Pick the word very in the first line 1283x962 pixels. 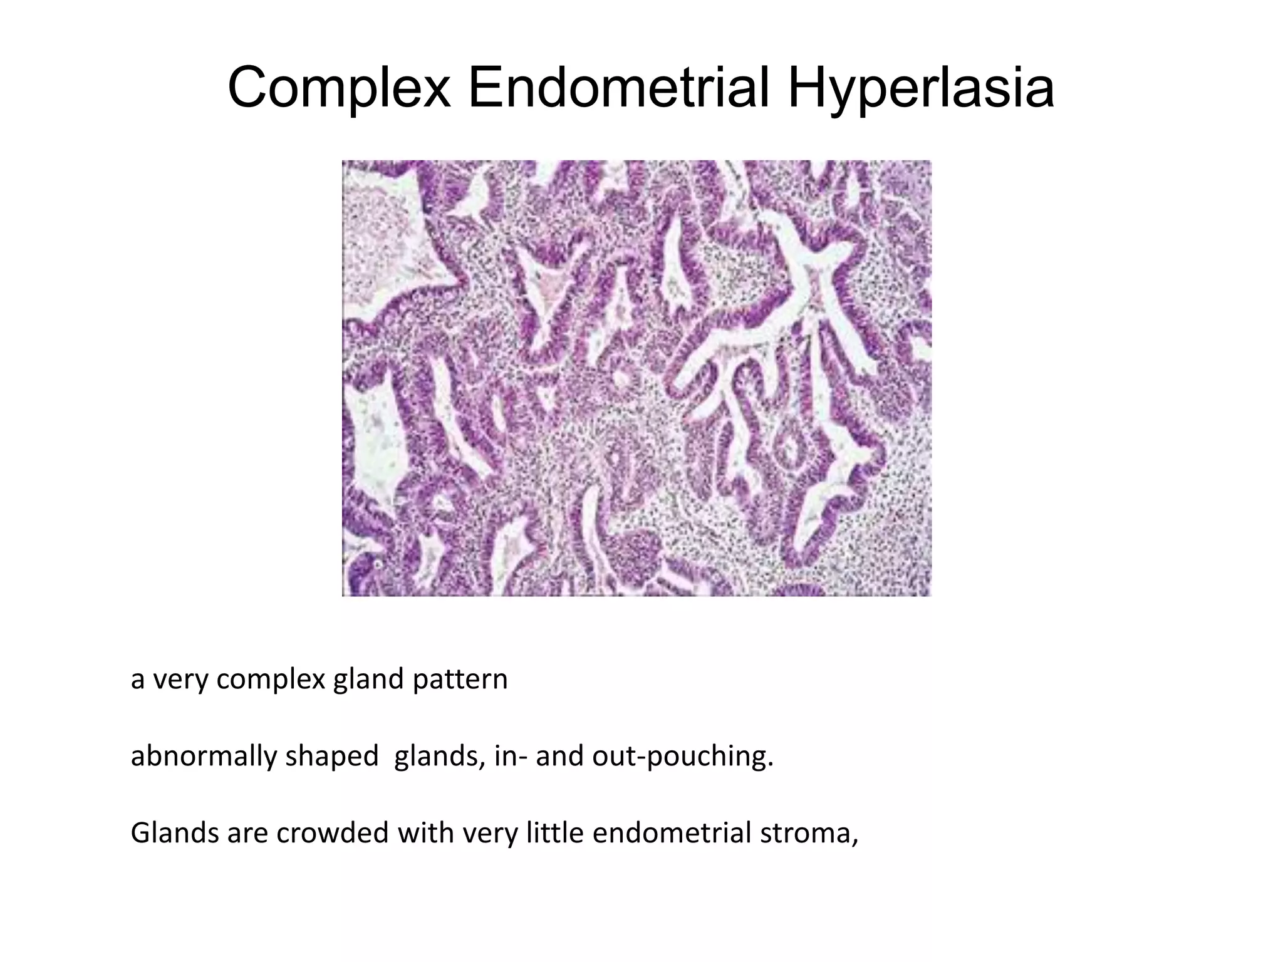181,680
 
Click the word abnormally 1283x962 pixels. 203,756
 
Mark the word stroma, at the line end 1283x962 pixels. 809,833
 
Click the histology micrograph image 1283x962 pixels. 636,378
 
